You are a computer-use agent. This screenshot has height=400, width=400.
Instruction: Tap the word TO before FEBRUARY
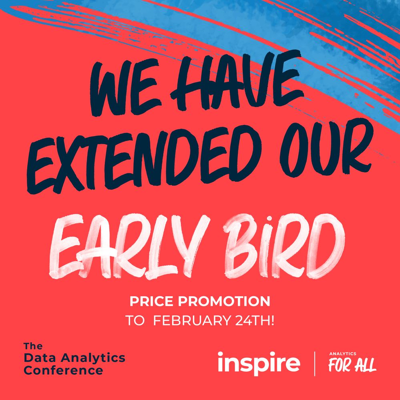coord(135,321)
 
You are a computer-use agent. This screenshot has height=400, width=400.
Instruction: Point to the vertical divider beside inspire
coord(315,364)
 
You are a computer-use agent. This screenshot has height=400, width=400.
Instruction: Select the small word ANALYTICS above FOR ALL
coord(342,354)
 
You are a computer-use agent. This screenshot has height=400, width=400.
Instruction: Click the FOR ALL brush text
coord(352,366)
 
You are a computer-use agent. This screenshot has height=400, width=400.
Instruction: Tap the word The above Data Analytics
coord(33,346)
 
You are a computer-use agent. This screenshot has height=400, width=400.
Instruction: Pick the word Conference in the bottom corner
coord(63,370)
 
